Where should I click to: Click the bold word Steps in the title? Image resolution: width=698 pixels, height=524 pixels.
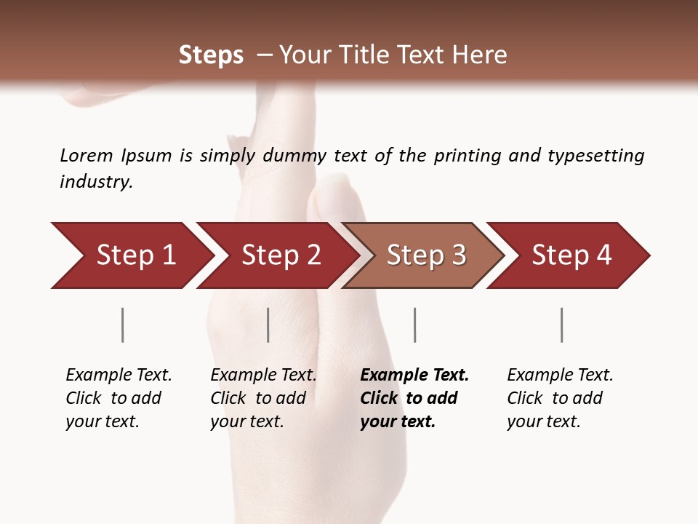coord(211,55)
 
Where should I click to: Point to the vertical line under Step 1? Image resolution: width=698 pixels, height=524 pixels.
coord(123,325)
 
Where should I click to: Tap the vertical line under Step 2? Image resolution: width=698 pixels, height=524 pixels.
coord(268,325)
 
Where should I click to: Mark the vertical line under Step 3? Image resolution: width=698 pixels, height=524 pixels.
coord(414,325)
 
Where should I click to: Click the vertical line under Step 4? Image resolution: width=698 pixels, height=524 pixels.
coord(561,325)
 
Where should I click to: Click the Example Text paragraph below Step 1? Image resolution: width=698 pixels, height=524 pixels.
coord(118,398)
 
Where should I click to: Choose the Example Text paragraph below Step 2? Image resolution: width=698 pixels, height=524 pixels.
coord(262,398)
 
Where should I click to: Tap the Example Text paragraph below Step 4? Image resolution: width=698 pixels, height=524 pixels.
coord(559,398)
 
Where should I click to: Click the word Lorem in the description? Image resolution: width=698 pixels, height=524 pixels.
coord(87,156)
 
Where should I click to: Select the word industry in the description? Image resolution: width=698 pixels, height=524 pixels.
coord(95,182)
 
